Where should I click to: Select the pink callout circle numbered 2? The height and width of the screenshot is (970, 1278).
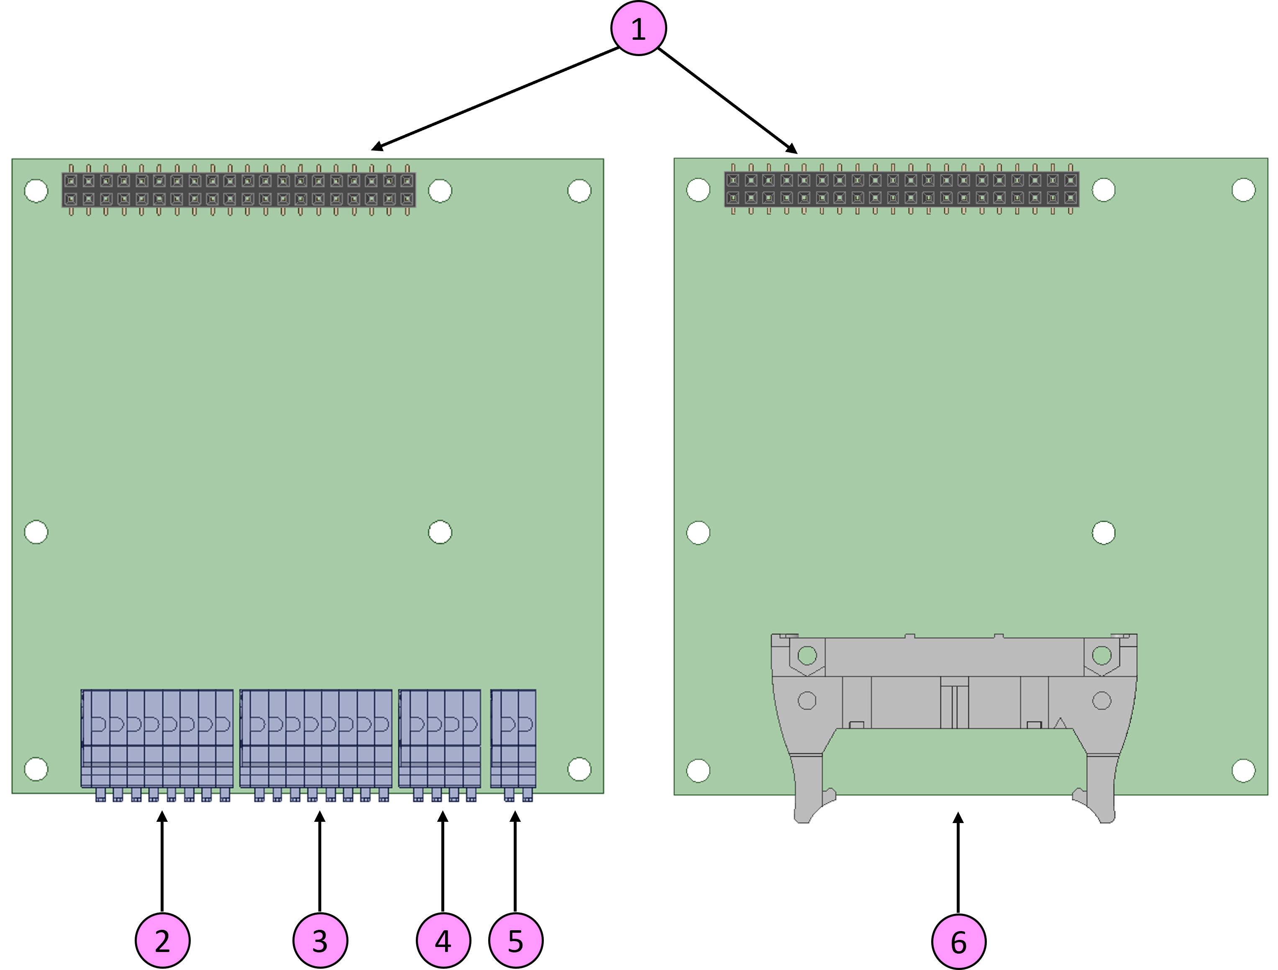[162, 941]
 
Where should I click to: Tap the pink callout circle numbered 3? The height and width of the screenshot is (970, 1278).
[320, 941]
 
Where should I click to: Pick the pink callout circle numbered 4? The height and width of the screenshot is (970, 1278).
[443, 941]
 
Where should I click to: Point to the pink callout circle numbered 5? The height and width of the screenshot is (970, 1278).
[515, 941]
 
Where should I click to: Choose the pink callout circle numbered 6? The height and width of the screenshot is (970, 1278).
[958, 942]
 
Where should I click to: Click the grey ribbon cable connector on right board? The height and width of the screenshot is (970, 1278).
[954, 682]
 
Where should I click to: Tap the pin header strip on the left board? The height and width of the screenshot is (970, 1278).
[238, 190]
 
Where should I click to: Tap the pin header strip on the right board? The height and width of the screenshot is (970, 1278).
[902, 189]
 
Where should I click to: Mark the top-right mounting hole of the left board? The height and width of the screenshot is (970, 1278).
[579, 191]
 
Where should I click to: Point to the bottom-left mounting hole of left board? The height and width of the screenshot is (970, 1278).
[36, 769]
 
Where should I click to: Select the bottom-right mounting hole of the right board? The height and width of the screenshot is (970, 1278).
[1243, 770]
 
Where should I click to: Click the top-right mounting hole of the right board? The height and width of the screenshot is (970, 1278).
[1243, 190]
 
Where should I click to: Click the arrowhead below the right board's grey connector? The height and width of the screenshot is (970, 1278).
[958, 818]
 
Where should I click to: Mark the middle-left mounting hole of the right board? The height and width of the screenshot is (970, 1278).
[698, 533]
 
